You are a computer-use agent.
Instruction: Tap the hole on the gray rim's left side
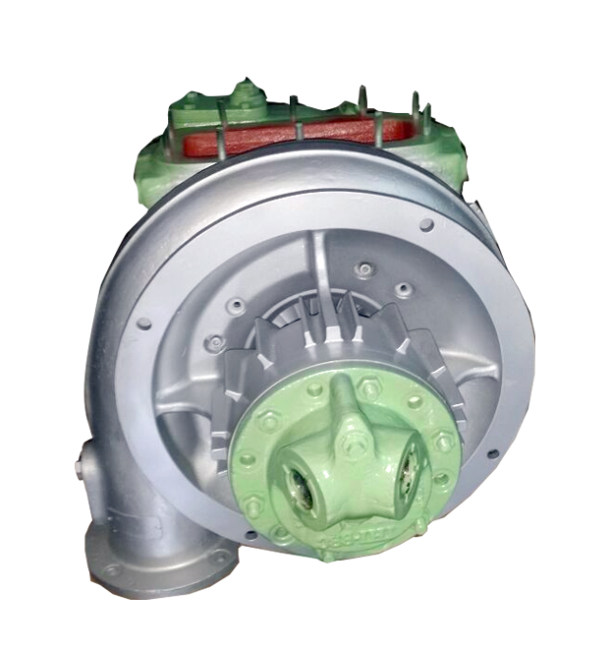[x=144, y=323]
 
